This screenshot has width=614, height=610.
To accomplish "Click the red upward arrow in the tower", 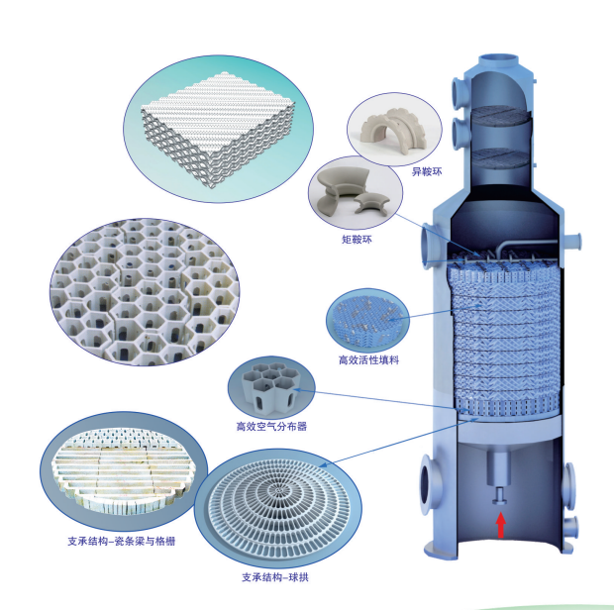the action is pyautogui.click(x=501, y=526).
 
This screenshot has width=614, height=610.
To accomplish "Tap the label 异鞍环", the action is pyautogui.click(x=427, y=171).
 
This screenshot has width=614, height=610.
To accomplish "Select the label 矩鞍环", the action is pyautogui.click(x=357, y=239).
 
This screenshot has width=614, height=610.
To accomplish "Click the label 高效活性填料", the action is pyautogui.click(x=368, y=359).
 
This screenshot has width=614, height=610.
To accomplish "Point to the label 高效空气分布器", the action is pyautogui.click(x=271, y=426).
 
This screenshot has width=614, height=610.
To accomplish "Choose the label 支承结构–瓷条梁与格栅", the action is pyautogui.click(x=122, y=541).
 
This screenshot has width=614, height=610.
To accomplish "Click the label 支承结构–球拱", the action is pyautogui.click(x=275, y=577).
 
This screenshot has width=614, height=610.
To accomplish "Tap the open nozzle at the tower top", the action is pyautogui.click(x=498, y=58).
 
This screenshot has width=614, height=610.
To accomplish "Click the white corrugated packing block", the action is pyautogui.click(x=218, y=129).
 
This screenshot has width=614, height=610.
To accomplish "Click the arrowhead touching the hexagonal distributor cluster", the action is pyautogui.click(x=296, y=390).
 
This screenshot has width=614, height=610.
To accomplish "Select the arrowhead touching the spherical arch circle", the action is pyautogui.click(x=323, y=465).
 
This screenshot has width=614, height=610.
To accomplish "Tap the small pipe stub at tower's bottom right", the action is pyautogui.click(x=570, y=528).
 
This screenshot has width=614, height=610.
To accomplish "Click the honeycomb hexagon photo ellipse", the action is pyautogui.click(x=145, y=292).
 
